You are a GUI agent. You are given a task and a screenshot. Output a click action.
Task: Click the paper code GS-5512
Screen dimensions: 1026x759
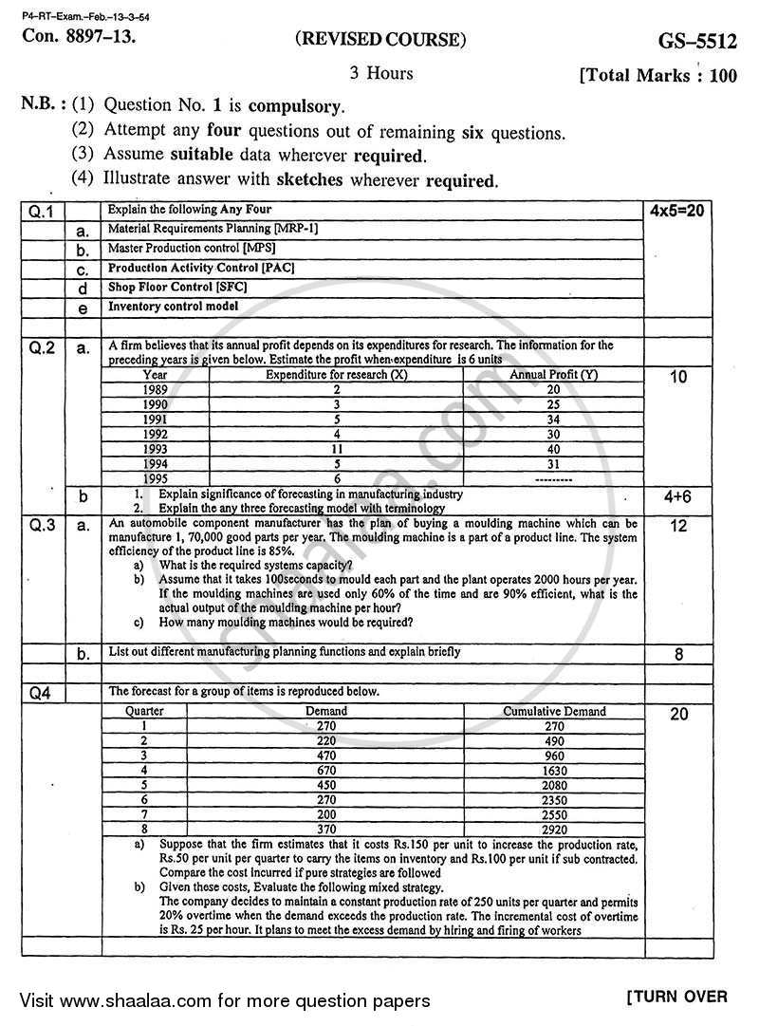(x=694, y=41)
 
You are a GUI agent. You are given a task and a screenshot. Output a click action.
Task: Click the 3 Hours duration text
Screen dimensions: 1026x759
(x=381, y=73)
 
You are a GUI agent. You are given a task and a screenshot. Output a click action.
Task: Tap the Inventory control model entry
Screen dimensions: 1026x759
(x=173, y=308)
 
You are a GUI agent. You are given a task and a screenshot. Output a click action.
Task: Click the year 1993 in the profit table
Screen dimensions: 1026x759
(x=156, y=449)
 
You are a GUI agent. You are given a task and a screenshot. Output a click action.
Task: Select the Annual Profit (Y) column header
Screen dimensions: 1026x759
(x=553, y=375)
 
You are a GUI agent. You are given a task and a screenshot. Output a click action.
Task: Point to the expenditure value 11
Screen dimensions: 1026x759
(x=337, y=449)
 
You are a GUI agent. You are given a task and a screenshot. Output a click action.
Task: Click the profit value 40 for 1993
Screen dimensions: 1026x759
(x=553, y=449)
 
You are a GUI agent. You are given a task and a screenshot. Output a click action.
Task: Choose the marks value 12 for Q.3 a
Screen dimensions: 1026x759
(x=678, y=526)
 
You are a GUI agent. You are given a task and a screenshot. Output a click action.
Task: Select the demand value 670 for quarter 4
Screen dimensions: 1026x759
(x=326, y=771)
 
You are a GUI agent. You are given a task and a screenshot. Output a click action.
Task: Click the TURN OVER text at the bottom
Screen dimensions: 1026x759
(x=676, y=997)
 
